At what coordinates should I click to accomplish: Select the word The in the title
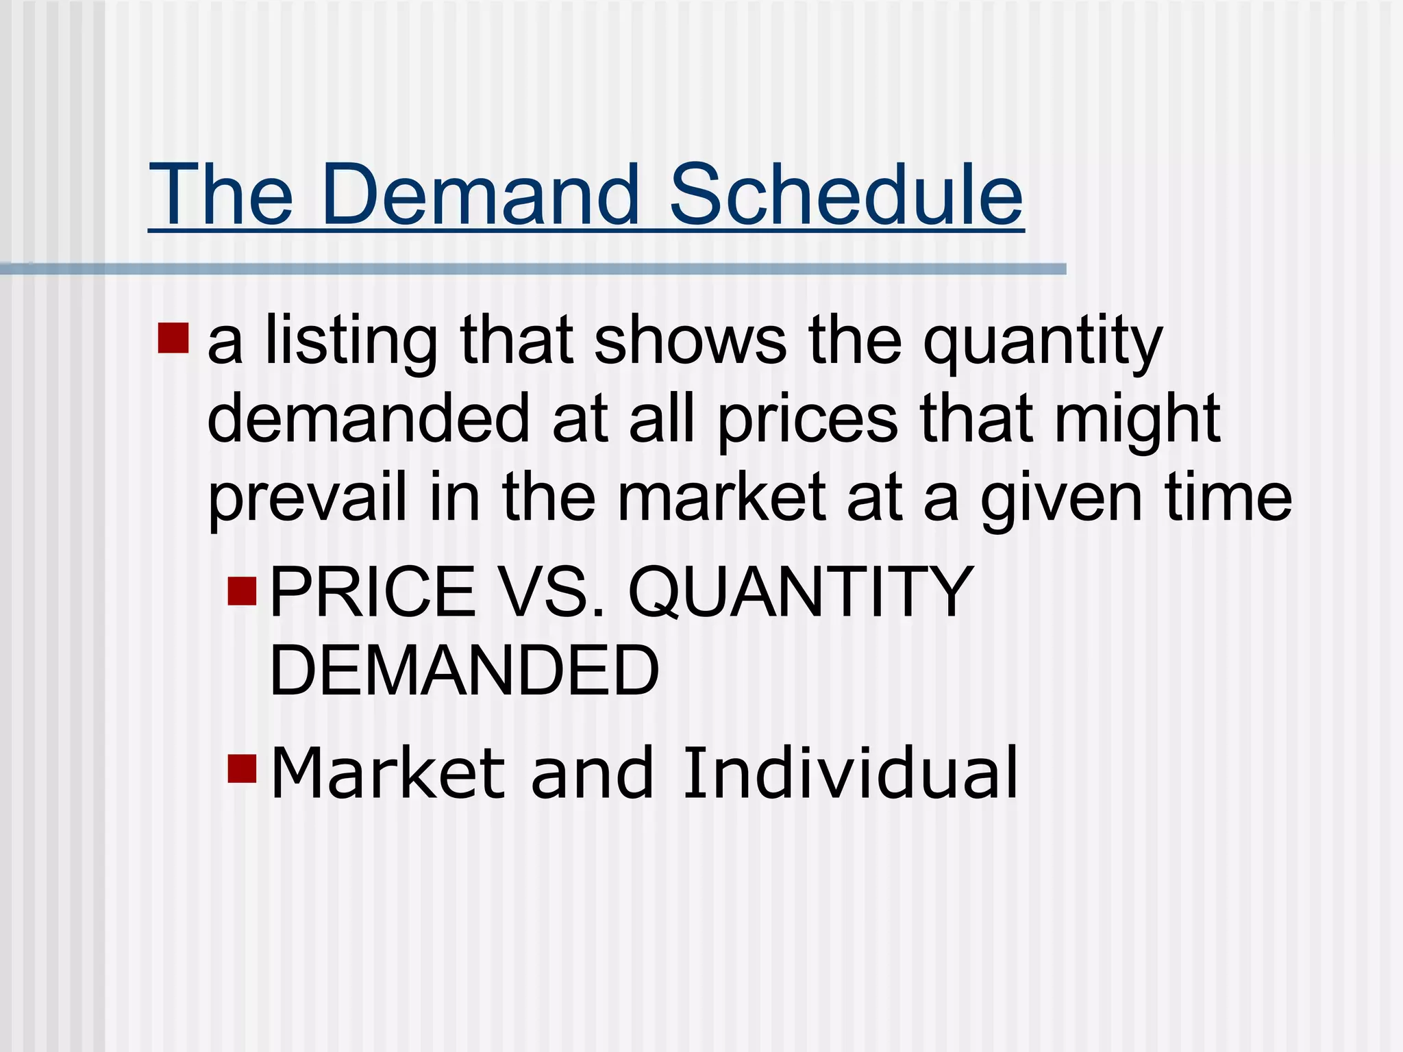pyautogui.click(x=221, y=195)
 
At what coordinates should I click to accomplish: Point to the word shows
pyautogui.click(x=691, y=340)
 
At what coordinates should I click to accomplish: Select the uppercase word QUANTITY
pyautogui.click(x=801, y=593)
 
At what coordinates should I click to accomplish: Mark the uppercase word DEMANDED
pyautogui.click(x=464, y=671)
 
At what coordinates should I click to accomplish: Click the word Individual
pyautogui.click(x=850, y=773)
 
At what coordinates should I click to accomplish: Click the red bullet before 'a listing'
pyautogui.click(x=173, y=338)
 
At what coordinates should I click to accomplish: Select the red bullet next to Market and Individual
pyautogui.click(x=242, y=768)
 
